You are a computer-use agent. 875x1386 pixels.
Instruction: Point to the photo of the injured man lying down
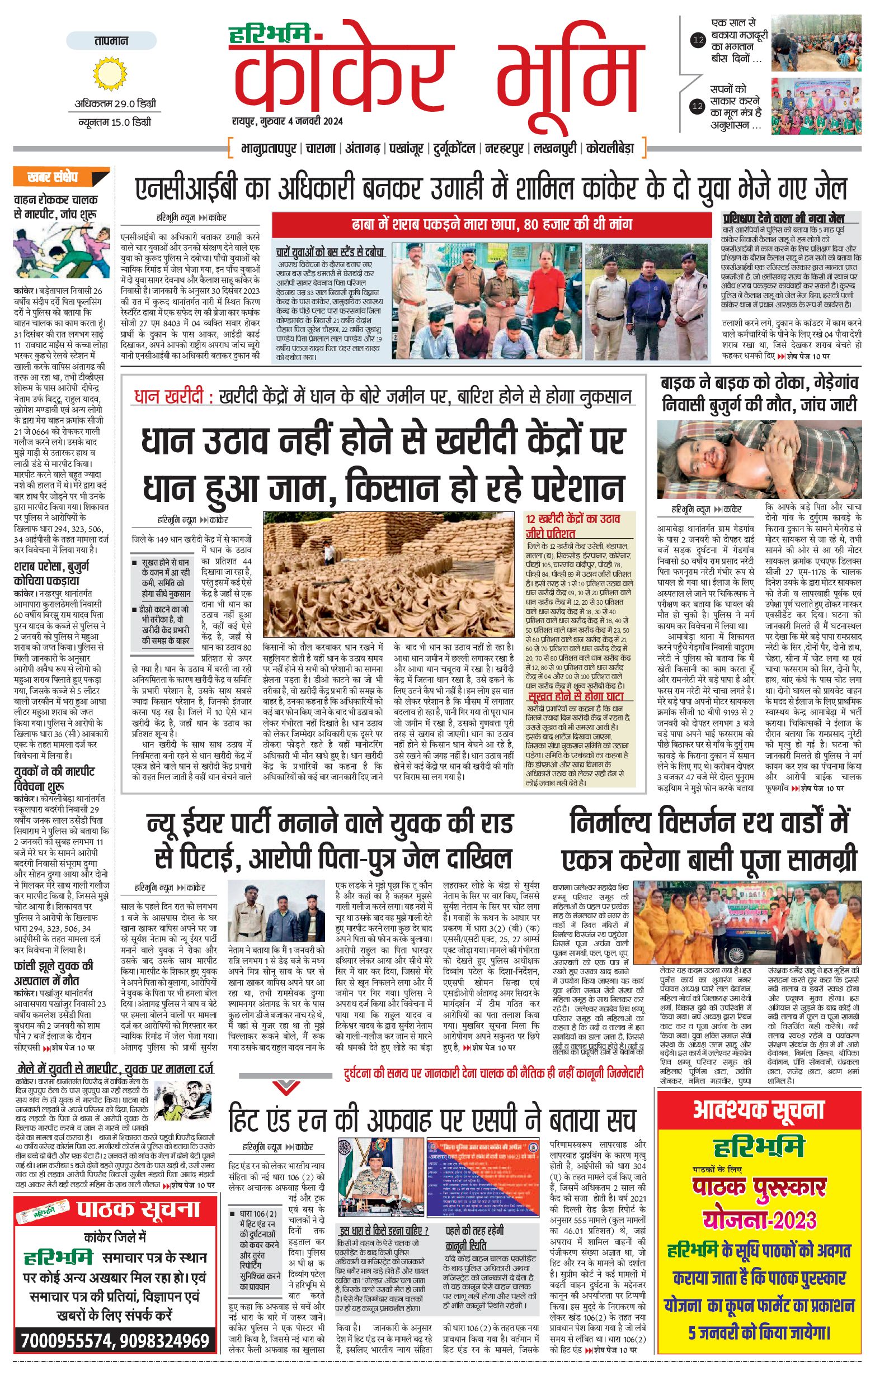[759, 460]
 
